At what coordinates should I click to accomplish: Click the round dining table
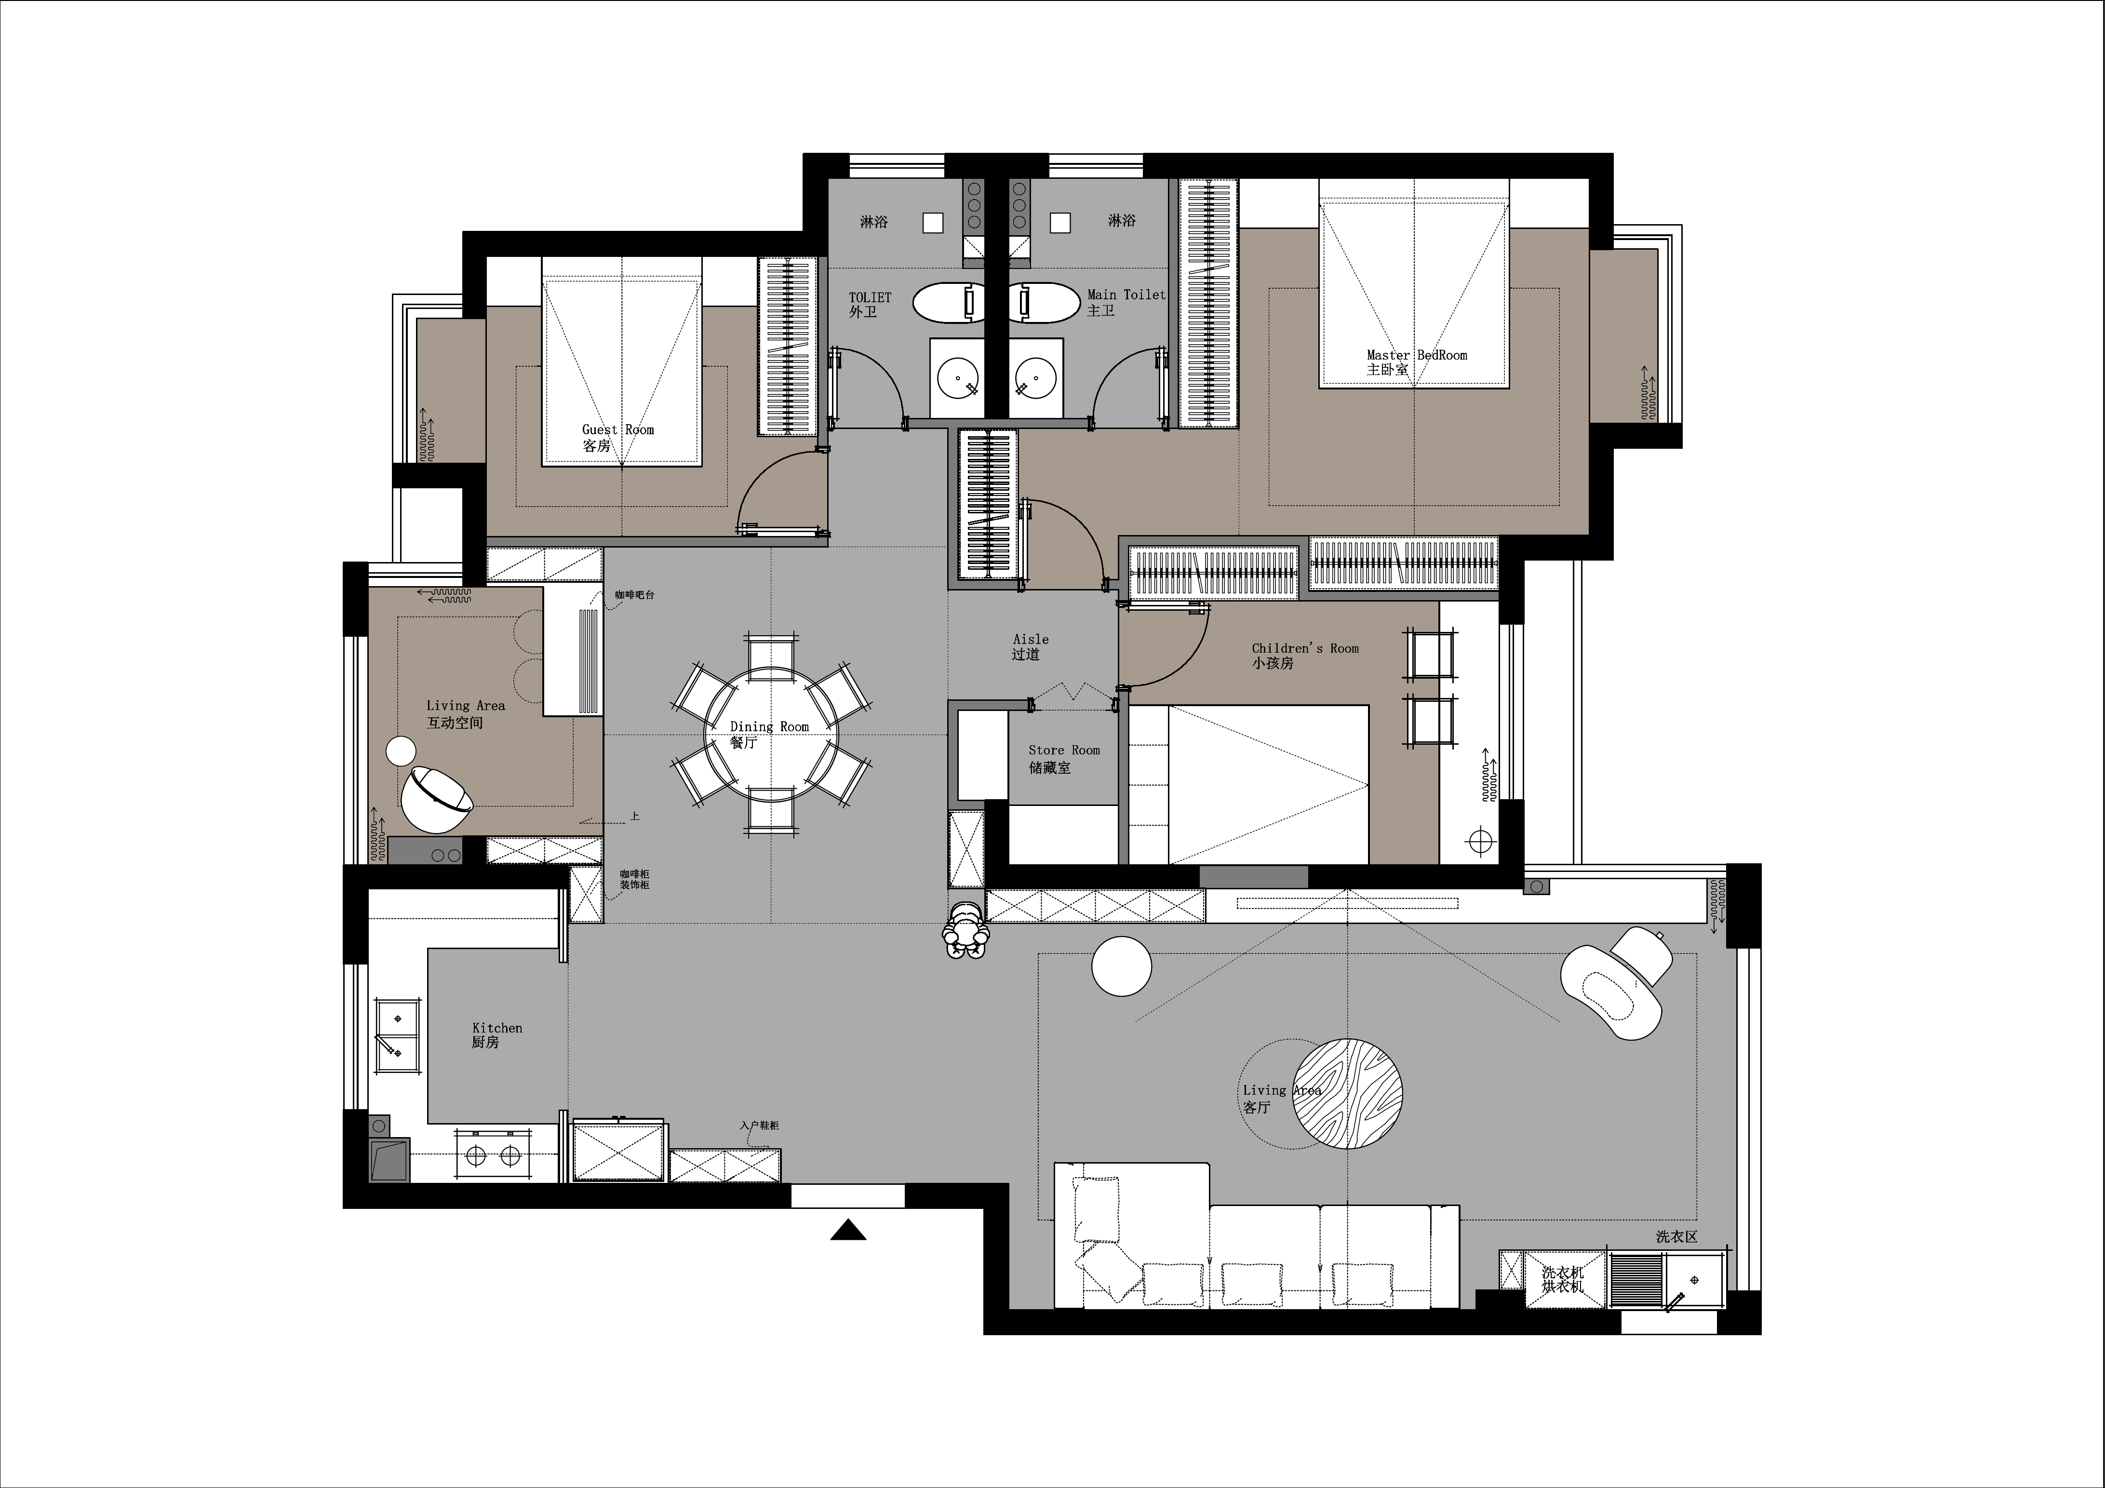771,735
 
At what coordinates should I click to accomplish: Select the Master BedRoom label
1417,355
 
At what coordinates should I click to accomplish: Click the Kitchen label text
497,1028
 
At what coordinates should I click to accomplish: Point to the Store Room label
1063,750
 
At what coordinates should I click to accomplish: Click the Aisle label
1031,639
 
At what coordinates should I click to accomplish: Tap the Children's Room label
1305,648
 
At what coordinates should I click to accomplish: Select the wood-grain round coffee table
1347,1093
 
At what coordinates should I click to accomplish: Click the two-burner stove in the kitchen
492,1156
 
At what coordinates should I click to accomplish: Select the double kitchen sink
398,1034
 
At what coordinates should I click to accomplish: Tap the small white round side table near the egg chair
402,751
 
